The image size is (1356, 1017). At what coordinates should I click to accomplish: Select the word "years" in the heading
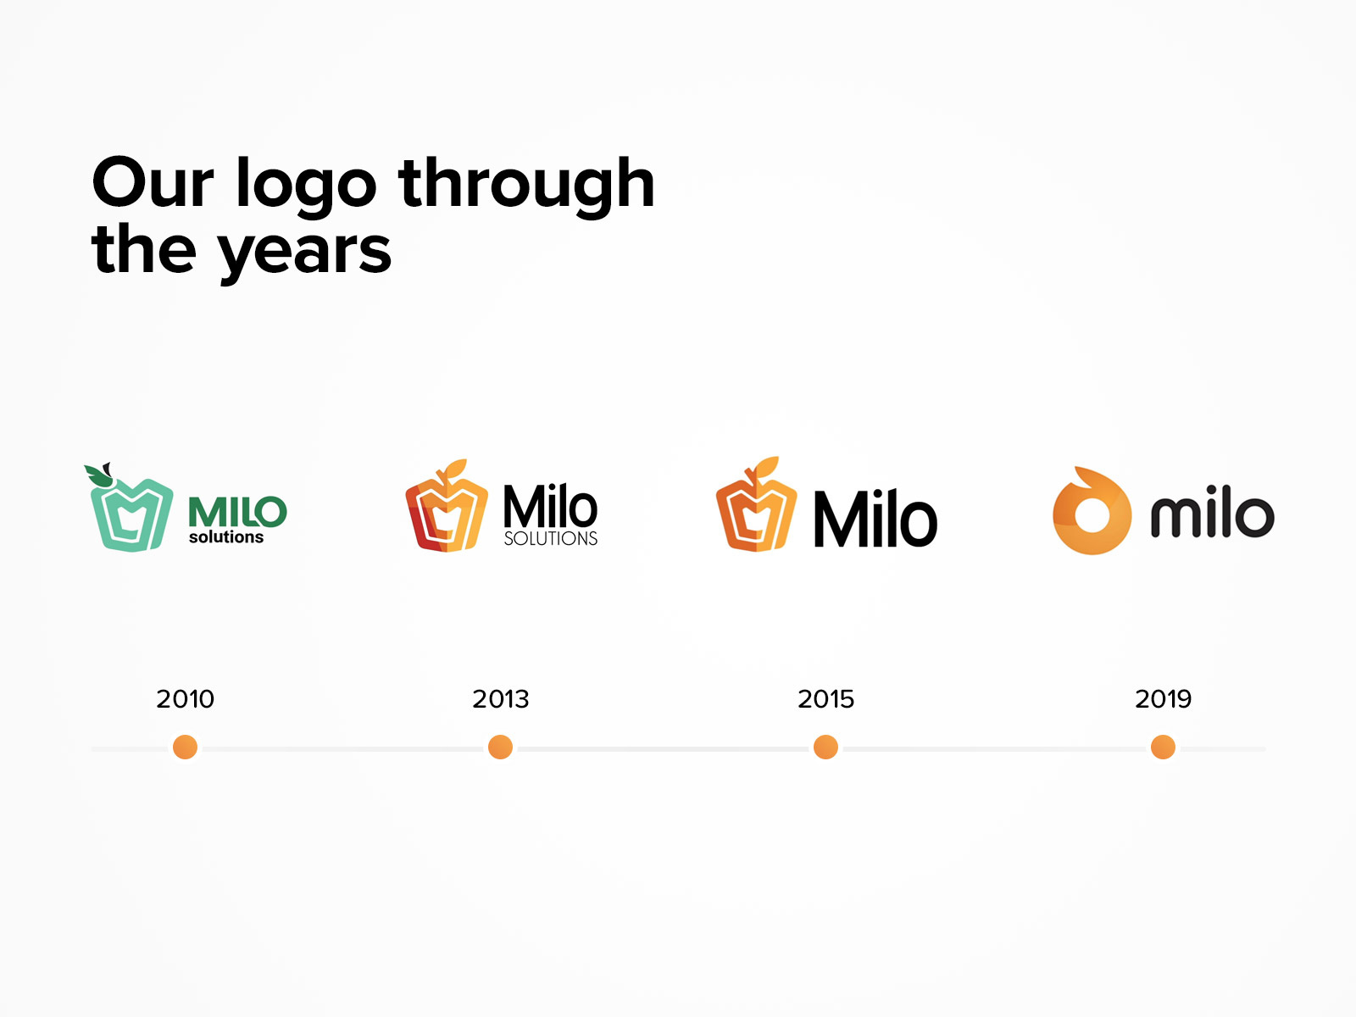point(304,253)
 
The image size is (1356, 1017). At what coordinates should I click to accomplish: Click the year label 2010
point(185,699)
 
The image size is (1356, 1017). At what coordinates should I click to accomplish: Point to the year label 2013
point(500,699)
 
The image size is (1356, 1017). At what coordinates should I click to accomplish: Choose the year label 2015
point(825,699)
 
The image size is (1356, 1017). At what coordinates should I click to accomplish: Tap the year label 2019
point(1163,699)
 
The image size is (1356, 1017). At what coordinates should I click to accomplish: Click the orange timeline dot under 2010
point(185,747)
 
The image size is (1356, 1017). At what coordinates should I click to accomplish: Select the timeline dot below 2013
point(500,747)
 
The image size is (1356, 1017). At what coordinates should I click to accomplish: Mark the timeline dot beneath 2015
point(825,747)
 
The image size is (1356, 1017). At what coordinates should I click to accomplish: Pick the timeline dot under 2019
point(1163,747)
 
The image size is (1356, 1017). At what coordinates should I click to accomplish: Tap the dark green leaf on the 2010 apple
point(97,475)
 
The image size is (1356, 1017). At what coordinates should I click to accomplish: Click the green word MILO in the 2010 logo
point(237,512)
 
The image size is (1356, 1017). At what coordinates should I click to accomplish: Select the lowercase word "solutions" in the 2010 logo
point(226,537)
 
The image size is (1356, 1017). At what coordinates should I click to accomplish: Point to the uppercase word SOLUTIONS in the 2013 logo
point(550,538)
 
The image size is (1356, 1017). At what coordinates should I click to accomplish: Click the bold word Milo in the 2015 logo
point(875,520)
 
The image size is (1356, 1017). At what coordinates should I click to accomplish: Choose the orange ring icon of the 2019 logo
point(1092,511)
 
